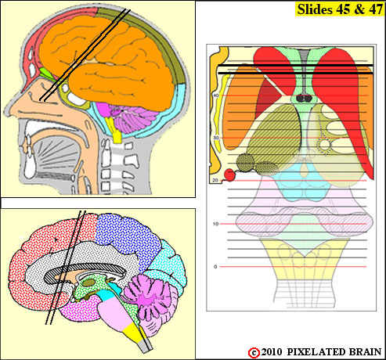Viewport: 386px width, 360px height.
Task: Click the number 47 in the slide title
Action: pyautogui.click(x=375, y=9)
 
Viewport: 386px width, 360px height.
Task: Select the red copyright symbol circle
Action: pyautogui.click(x=254, y=353)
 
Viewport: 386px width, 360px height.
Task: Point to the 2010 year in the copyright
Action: pyautogui.click(x=272, y=352)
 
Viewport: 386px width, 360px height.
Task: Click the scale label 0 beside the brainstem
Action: pyautogui.click(x=215, y=267)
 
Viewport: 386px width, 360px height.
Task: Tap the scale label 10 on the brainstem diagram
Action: pyautogui.click(x=215, y=224)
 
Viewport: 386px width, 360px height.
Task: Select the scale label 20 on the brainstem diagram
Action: pyautogui.click(x=215, y=180)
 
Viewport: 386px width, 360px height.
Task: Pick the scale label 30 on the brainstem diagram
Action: pyautogui.click(x=216, y=138)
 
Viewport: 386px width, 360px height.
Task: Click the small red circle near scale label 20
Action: pyautogui.click(x=229, y=175)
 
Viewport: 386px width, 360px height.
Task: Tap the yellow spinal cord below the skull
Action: pyautogui.click(x=115, y=130)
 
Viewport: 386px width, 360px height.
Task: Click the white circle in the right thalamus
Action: pyautogui.click(x=325, y=144)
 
